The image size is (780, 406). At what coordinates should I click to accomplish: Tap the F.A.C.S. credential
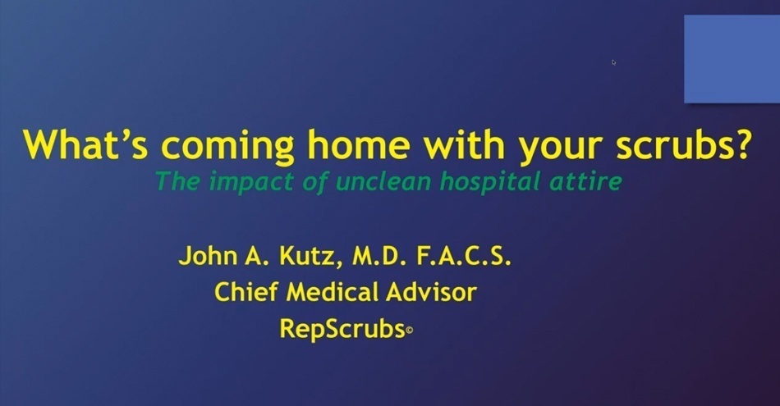click(x=471, y=257)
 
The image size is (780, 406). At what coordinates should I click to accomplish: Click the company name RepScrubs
click(x=342, y=329)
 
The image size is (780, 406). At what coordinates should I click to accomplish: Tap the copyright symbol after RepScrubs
click(x=409, y=331)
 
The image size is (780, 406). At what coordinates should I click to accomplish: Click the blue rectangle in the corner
click(x=732, y=59)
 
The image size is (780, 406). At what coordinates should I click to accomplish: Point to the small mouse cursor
click(x=613, y=62)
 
